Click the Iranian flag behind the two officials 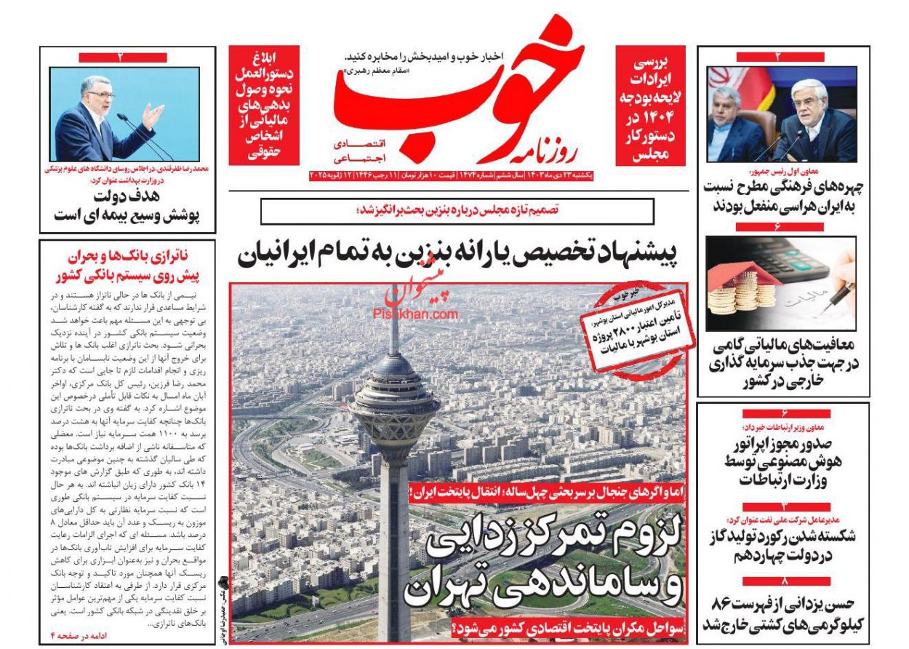pos(721,87)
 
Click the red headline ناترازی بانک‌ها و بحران pos(128,266)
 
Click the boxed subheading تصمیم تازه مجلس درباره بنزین pos(457,210)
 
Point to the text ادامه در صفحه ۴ pos(77,635)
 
